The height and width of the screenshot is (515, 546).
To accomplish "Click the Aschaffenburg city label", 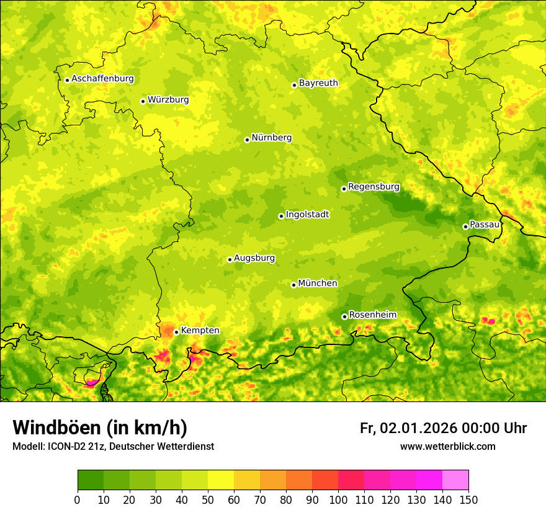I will [x=102, y=79].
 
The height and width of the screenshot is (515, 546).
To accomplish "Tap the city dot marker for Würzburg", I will [x=143, y=101].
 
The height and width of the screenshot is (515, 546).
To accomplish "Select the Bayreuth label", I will [x=318, y=83].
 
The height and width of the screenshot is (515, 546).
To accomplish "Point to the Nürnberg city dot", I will [x=247, y=140].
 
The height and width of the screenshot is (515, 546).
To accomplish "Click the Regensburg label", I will [x=374, y=186].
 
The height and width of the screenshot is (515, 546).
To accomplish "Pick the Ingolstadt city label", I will [x=307, y=215].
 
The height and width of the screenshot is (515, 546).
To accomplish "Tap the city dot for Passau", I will [x=465, y=226].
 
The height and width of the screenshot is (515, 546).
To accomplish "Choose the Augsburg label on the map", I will [x=254, y=258].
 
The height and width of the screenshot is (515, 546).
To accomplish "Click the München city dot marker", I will [x=293, y=285].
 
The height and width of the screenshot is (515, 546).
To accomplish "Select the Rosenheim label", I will [x=372, y=315].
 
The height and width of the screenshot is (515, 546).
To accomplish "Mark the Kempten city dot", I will [x=176, y=332].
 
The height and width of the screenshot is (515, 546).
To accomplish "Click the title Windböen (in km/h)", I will [x=99, y=428].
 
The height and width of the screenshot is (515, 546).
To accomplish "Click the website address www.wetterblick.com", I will [x=447, y=446].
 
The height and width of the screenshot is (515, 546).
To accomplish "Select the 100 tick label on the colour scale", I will [x=338, y=500].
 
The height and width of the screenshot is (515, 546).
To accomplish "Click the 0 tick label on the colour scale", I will [x=78, y=500].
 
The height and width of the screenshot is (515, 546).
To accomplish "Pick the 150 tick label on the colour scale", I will [x=468, y=500].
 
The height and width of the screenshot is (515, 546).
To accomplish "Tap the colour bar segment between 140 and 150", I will [x=455, y=480].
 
